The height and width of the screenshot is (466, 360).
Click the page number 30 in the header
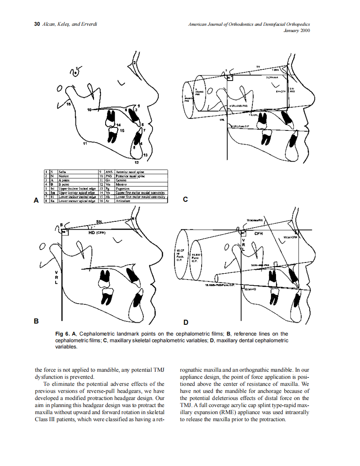[36, 25]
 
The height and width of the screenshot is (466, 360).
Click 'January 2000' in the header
[296, 30]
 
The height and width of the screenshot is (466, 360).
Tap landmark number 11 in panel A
[84, 144]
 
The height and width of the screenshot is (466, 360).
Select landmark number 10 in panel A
[89, 110]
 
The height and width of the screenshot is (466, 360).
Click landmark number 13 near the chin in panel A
[145, 155]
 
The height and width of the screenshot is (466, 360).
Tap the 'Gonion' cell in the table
[121, 180]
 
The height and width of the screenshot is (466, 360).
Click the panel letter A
[36, 201]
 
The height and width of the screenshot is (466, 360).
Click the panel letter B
[36, 321]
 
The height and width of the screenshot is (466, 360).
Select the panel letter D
[185, 322]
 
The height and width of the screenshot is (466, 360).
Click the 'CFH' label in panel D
[259, 234]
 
